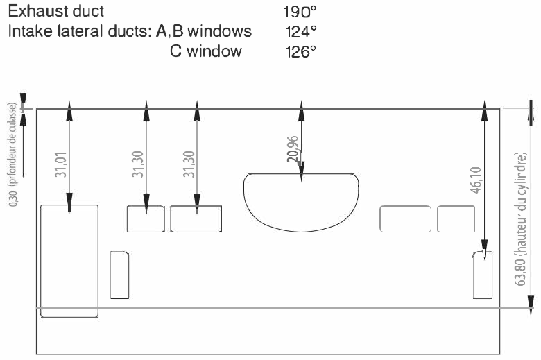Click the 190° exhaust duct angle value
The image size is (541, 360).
[x=300, y=12]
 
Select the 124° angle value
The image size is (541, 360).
[x=301, y=32]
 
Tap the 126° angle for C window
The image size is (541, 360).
[x=300, y=52]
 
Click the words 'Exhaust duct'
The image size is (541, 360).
[x=56, y=11]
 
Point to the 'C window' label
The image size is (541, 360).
[x=206, y=51]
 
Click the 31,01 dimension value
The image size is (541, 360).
[x=61, y=164]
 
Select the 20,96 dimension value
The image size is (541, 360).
[x=293, y=149]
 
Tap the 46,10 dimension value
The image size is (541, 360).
[x=476, y=180]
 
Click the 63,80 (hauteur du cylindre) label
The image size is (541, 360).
[x=521, y=219]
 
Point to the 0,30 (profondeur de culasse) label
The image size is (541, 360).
[x=12, y=155]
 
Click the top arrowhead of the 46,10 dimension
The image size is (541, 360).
[x=484, y=111]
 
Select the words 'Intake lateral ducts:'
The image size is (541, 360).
[x=80, y=31]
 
